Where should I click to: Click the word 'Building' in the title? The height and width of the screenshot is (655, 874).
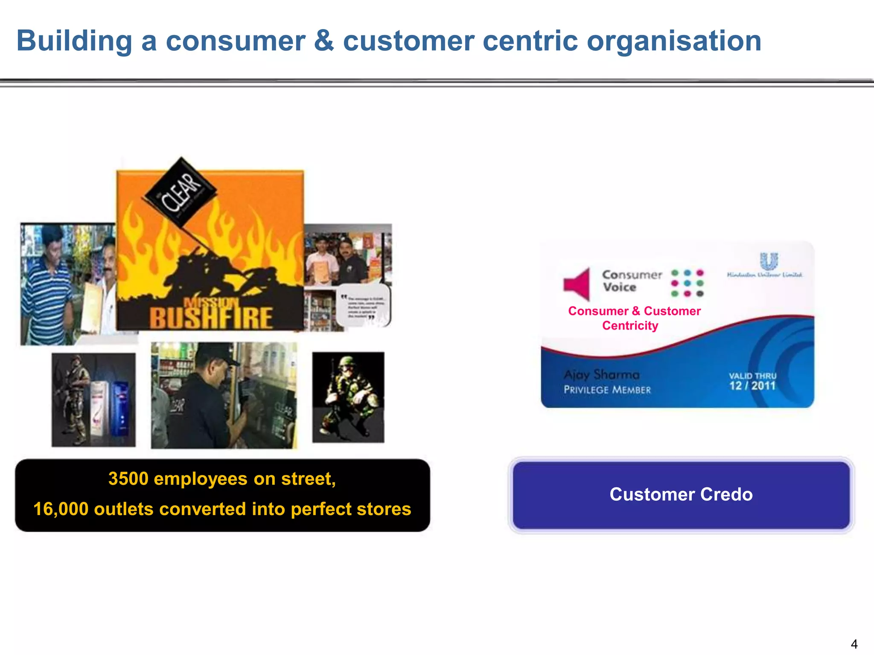pyautogui.click(x=74, y=41)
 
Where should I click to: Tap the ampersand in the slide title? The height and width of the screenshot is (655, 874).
pyautogui.click(x=324, y=41)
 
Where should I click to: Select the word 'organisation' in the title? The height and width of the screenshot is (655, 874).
pyautogui.click(x=674, y=41)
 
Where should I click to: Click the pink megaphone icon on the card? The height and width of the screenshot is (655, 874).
pyautogui.click(x=577, y=284)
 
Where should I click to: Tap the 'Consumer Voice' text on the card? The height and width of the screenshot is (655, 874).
pyautogui.click(x=632, y=281)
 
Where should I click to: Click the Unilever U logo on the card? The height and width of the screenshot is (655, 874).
pyautogui.click(x=769, y=261)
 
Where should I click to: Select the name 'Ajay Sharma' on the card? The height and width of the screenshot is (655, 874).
pyautogui.click(x=601, y=375)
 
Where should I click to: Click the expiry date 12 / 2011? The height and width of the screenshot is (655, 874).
pyautogui.click(x=752, y=386)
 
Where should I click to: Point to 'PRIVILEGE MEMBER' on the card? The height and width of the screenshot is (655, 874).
pyautogui.click(x=607, y=390)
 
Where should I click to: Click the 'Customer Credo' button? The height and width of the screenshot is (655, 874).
pyautogui.click(x=681, y=495)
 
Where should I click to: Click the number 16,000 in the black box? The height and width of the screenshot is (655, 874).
pyautogui.click(x=61, y=509)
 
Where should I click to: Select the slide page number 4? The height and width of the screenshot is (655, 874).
pyautogui.click(x=854, y=643)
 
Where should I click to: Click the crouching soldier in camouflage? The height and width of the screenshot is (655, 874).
pyautogui.click(x=348, y=397)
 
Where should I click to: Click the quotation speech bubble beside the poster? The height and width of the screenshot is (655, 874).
pyautogui.click(x=364, y=305)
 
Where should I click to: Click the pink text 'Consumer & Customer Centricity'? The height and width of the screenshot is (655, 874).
pyautogui.click(x=634, y=318)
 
